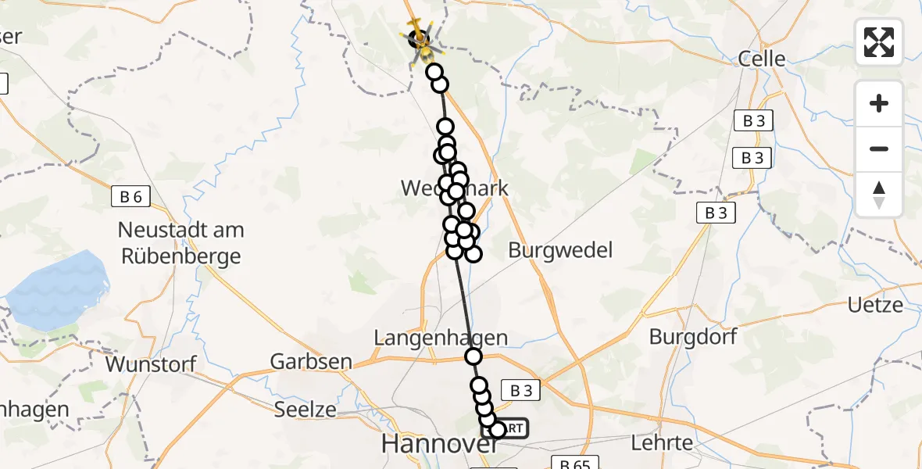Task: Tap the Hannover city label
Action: coord(440,444)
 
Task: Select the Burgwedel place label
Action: coord(560,251)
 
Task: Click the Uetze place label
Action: coord(876,305)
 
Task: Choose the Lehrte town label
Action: coord(661,442)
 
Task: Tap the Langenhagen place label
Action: coord(441,338)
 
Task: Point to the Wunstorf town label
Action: coord(151,364)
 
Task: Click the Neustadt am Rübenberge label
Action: coord(180,243)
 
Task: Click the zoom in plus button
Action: coord(879,103)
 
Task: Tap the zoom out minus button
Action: coord(879,149)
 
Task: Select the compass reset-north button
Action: coord(879,194)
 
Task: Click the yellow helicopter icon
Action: coord(420,36)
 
